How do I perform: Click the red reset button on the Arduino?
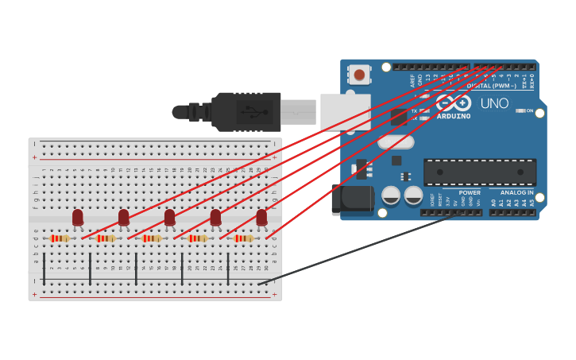[359, 75]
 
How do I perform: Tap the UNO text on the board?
[494, 103]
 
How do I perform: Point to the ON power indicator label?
[529, 110]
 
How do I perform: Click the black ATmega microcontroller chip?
[479, 172]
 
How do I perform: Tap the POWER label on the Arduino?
[470, 192]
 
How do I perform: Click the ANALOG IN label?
[516, 192]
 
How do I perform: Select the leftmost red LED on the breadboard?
[78, 217]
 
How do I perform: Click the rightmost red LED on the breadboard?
[261, 217]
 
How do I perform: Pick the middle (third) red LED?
[169, 217]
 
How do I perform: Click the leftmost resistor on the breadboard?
[60, 238]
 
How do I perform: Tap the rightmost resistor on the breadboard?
[243, 238]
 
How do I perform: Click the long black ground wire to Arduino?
[358, 249]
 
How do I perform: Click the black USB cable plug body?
[246, 111]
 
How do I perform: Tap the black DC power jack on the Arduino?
[352, 199]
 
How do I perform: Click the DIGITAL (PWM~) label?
[490, 85]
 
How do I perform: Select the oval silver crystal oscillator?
[396, 142]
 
